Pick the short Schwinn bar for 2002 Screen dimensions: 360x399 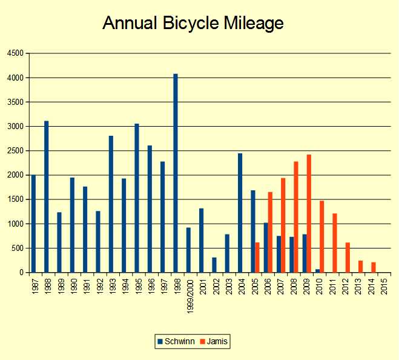coord(214,265)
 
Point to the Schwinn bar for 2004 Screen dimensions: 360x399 coord(240,213)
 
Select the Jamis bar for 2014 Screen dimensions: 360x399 coord(374,267)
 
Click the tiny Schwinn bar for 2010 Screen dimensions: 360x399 coord(317,270)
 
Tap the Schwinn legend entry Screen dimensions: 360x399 coord(176,342)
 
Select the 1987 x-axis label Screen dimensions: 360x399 coord(33,286)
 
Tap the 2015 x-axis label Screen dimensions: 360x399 coord(384,286)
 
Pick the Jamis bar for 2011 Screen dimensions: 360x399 coord(335,242)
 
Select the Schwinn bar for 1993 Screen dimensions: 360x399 coord(111,204)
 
